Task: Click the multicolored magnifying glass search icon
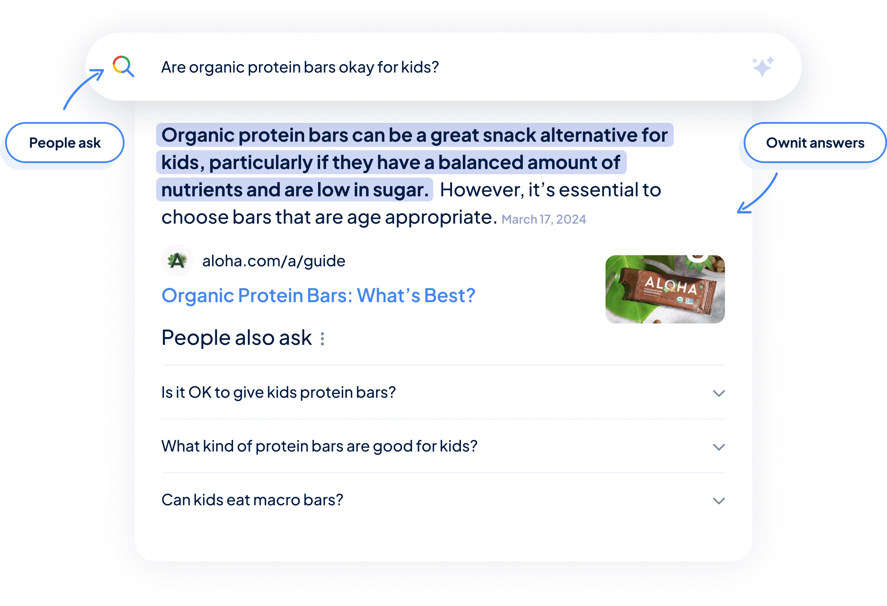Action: click(123, 67)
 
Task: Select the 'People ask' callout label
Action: click(65, 143)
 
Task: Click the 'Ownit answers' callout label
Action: click(815, 143)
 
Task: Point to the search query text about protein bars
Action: click(300, 67)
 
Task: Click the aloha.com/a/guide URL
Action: click(274, 261)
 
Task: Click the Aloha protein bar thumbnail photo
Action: click(665, 289)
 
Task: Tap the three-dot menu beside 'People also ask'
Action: click(322, 339)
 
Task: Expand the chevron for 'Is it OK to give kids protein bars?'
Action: click(719, 393)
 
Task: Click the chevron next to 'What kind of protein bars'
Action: click(719, 447)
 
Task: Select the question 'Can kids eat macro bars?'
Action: click(252, 500)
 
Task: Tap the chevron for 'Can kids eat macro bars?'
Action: click(719, 501)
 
